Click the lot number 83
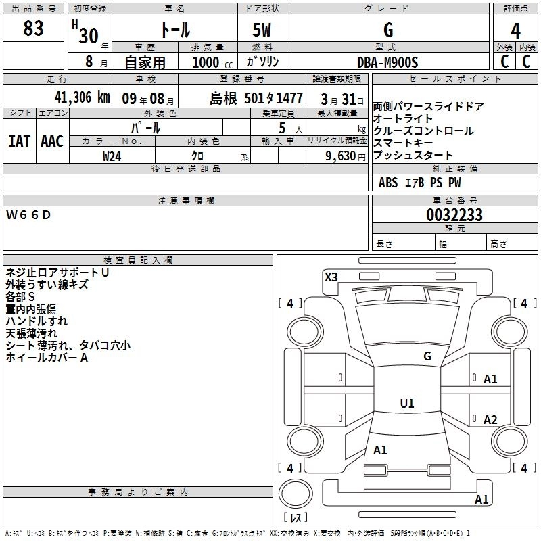33,28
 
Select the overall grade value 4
515,30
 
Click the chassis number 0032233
454,215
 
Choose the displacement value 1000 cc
207,62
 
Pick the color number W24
112,156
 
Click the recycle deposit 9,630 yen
342,156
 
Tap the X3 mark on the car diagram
331,277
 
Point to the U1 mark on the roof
406,404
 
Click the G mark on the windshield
427,356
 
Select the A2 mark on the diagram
490,420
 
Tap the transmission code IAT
19,141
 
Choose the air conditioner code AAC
51,141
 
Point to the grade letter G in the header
387,30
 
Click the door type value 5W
263,30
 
